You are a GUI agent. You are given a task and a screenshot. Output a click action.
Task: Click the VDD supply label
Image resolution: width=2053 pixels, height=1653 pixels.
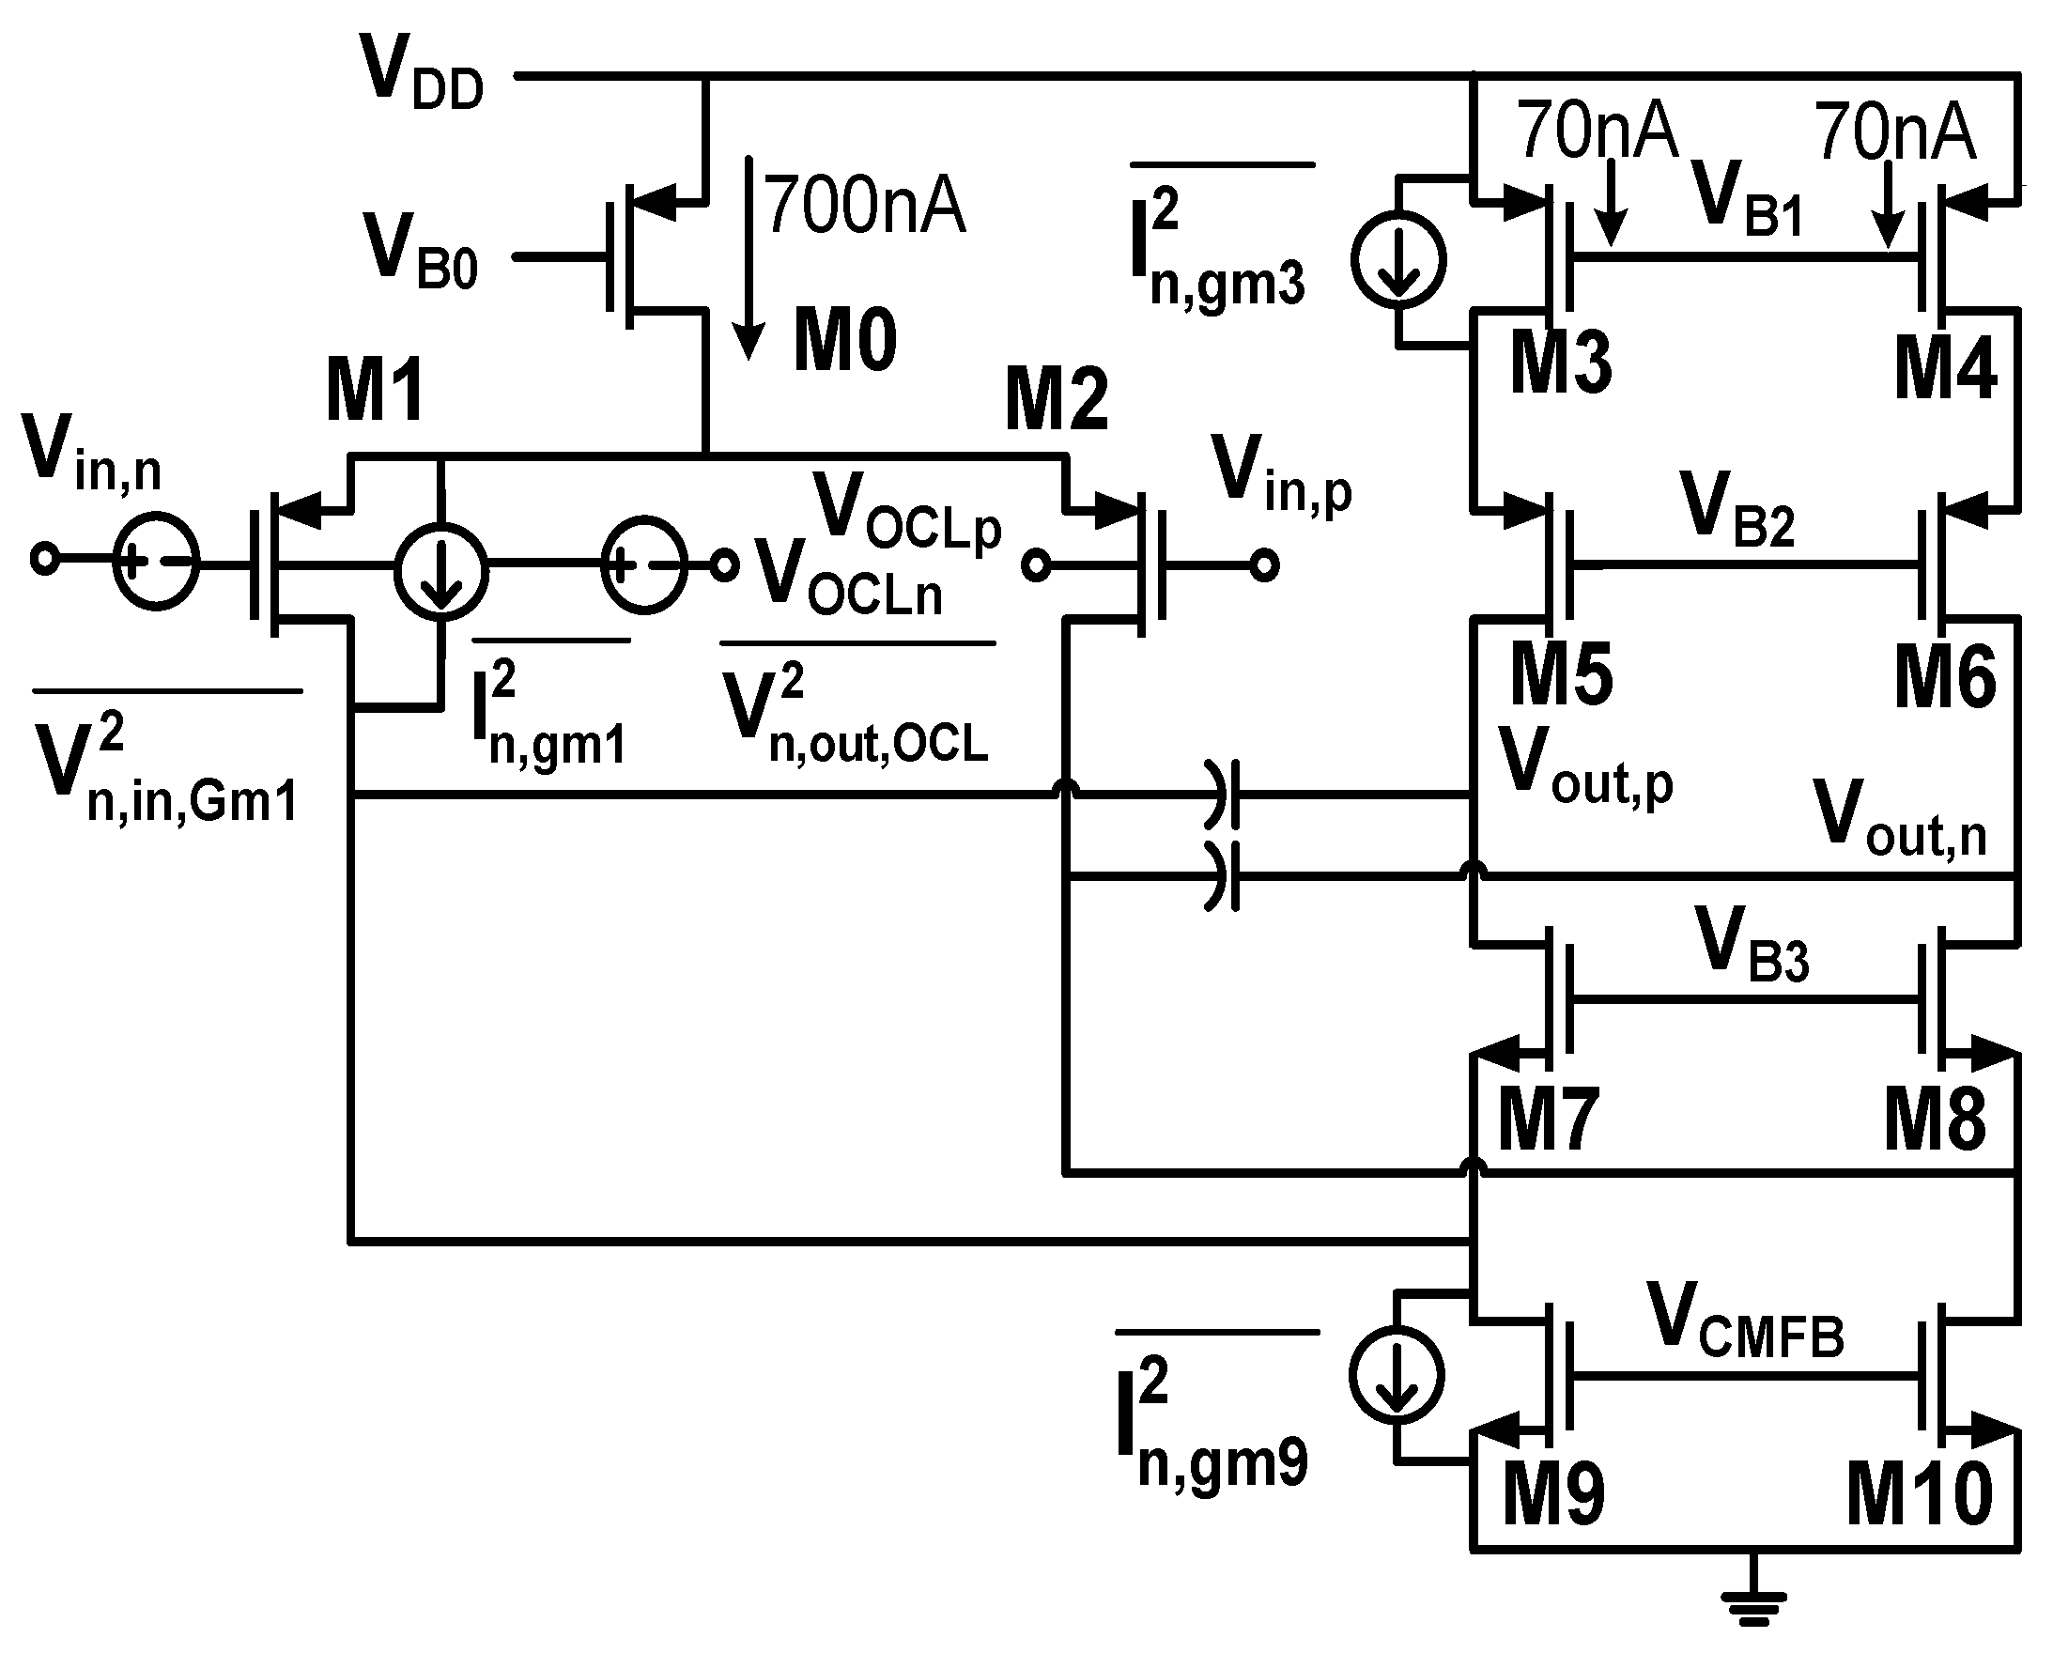tap(422, 74)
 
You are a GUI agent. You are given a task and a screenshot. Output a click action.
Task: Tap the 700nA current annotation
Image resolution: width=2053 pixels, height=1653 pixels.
tap(864, 205)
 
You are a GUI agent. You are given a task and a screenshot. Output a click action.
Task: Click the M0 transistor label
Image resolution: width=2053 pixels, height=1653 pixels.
tap(844, 341)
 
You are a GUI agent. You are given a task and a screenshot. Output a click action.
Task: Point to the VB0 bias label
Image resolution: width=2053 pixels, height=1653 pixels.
tap(420, 253)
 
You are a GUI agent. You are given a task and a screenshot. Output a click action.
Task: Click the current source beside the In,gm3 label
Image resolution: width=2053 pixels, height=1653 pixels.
tap(1397, 259)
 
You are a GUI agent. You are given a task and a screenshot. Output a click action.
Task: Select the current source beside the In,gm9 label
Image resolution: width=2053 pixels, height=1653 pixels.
tap(1396, 1376)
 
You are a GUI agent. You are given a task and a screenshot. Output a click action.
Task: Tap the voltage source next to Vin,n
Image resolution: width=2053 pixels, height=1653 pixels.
tap(156, 561)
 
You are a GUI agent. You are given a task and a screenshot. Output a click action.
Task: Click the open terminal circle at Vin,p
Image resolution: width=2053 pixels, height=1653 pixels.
tap(1263, 565)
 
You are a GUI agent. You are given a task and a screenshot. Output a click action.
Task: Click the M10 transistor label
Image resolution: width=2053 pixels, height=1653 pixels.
tap(1919, 1494)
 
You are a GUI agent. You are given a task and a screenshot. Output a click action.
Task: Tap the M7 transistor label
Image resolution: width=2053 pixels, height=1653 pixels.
tap(1548, 1119)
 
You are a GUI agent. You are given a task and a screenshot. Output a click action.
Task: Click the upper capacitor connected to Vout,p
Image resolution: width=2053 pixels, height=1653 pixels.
tap(1224, 794)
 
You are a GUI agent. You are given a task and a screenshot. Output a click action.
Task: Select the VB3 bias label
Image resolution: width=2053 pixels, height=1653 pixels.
tap(1752, 946)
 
